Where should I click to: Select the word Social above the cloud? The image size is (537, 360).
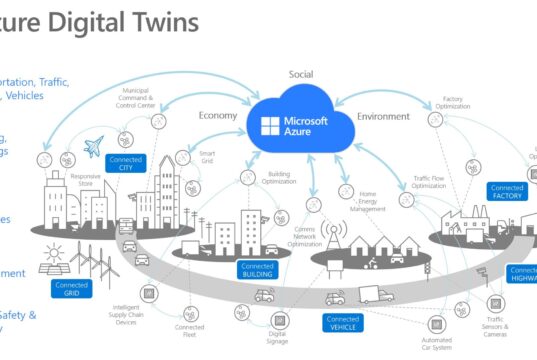point(301,75)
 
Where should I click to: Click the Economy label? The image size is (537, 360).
point(217,115)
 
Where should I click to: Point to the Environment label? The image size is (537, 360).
point(384,116)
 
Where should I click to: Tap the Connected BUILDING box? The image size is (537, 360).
point(257,268)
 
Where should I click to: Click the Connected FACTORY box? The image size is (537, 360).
point(507,192)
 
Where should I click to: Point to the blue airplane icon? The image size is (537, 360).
point(95,146)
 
